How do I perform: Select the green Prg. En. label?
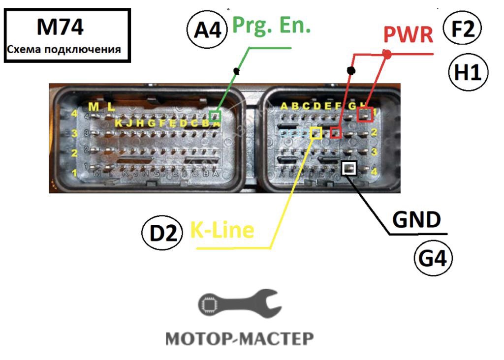(271, 25)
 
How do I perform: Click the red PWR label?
(408, 35)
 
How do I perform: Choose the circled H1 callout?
(468, 73)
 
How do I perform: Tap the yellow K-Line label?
(222, 230)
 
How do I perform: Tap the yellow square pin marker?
(316, 133)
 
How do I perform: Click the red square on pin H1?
(364, 116)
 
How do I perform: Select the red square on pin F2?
(336, 132)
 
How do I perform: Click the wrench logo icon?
(239, 305)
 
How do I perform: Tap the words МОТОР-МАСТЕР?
(239, 339)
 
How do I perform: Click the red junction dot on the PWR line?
(387, 55)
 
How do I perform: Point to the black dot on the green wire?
(237, 71)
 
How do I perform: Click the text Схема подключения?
(64, 50)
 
